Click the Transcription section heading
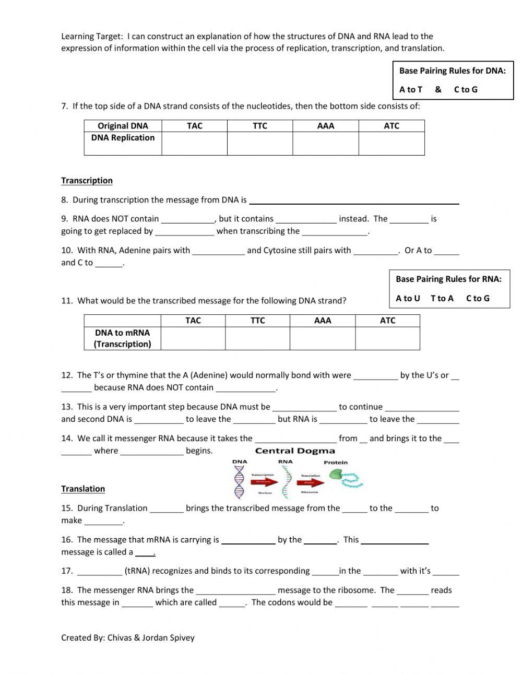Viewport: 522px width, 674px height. (x=87, y=181)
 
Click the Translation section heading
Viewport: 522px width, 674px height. (x=83, y=489)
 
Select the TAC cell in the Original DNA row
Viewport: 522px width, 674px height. (x=194, y=126)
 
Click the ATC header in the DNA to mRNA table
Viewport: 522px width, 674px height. (x=387, y=321)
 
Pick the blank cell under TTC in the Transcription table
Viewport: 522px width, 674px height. (x=257, y=338)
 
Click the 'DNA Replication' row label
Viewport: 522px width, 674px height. (x=123, y=138)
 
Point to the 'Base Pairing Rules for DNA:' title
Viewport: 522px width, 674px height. (x=452, y=71)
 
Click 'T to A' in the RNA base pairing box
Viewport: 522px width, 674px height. (x=442, y=299)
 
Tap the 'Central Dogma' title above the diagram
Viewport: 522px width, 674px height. (x=295, y=451)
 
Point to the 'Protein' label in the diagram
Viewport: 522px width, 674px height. (x=335, y=463)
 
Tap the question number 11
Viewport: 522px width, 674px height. (x=66, y=301)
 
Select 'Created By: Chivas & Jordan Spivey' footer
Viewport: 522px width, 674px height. (x=128, y=637)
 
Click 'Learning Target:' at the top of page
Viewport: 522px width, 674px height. (x=92, y=37)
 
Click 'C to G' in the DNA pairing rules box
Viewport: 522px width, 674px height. (x=466, y=90)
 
